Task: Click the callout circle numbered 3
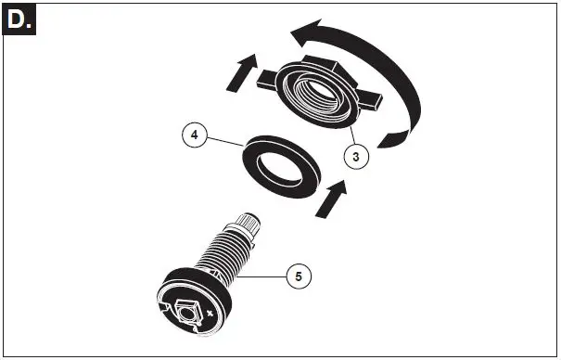(357, 156)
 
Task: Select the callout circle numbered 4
(194, 135)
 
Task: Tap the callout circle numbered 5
(298, 275)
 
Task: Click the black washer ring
(256, 158)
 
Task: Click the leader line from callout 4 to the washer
(221, 140)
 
